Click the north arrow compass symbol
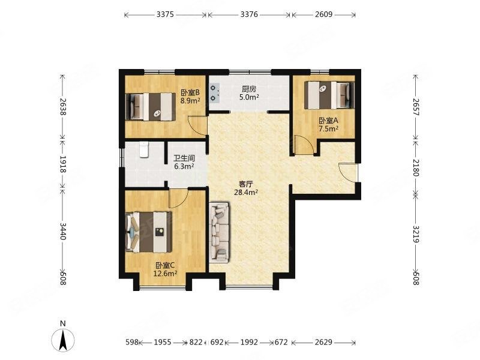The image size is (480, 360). (x=63, y=340)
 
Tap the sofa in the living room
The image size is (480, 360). (x=220, y=232)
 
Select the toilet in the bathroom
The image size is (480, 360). (x=144, y=149)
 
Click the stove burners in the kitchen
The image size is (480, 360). (x=214, y=93)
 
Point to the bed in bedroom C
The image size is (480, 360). (x=149, y=232)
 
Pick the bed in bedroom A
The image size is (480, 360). (x=329, y=95)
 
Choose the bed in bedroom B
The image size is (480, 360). (x=151, y=107)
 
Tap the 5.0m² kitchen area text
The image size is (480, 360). (x=249, y=97)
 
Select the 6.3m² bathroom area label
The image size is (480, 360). (x=184, y=166)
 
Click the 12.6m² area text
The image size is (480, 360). (x=166, y=274)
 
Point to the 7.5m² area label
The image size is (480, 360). (x=328, y=128)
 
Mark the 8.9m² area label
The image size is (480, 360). (x=190, y=100)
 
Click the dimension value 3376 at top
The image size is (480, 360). (x=249, y=14)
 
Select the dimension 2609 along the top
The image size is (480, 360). (x=323, y=14)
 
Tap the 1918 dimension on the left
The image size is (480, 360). (x=63, y=164)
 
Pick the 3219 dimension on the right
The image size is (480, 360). (x=415, y=234)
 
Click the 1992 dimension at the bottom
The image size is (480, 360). (x=249, y=342)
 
